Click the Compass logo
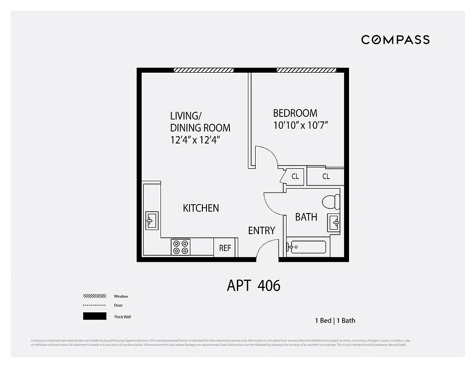pyautogui.click(x=395, y=40)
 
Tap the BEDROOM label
pyautogui.click(x=295, y=113)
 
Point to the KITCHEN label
pyautogui.click(x=201, y=208)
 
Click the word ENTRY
pyautogui.click(x=261, y=230)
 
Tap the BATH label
pyautogui.click(x=306, y=217)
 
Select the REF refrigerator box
pyautogui.click(x=225, y=248)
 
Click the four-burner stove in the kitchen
pyautogui.click(x=180, y=247)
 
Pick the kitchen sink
pyautogui.click(x=151, y=221)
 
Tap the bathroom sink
pyautogui.click(x=334, y=223)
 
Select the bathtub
pyautogui.click(x=306, y=247)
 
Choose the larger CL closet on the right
pyautogui.click(x=326, y=176)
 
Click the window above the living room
pyautogui.click(x=204, y=70)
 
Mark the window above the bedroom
pyautogui.click(x=306, y=70)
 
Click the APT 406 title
pyautogui.click(x=253, y=286)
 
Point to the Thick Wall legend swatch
pyautogui.click(x=95, y=316)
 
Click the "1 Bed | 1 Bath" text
pyautogui.click(x=335, y=321)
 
